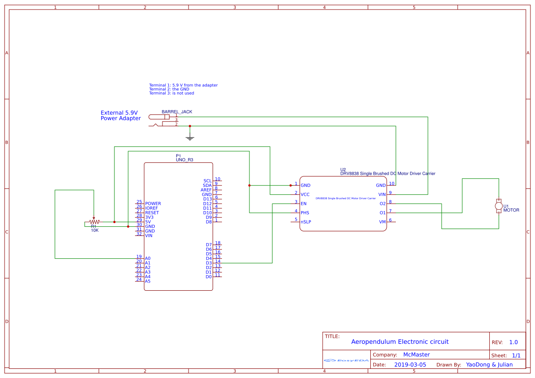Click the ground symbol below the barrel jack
(x=190, y=138)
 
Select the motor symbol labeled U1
(x=499, y=206)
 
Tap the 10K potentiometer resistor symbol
(x=93, y=222)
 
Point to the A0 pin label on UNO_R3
(x=148, y=259)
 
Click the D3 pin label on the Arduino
(x=209, y=263)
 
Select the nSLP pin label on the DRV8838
(x=306, y=222)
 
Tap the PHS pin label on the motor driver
(x=305, y=213)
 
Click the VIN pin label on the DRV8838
(x=381, y=195)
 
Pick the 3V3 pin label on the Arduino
(x=149, y=218)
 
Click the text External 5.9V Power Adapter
(x=120, y=116)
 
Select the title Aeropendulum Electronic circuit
(x=400, y=342)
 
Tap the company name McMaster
(x=416, y=355)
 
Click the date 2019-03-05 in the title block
(x=410, y=365)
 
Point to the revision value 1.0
(x=513, y=342)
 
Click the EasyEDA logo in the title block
(x=346, y=360)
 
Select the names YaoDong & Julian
(x=489, y=365)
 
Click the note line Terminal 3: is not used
(x=171, y=93)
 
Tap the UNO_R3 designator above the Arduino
(x=184, y=160)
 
